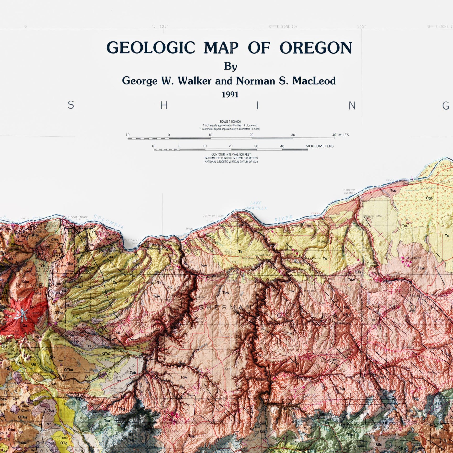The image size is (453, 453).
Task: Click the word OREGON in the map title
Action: coord(316,48)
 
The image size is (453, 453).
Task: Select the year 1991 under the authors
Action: coord(230,95)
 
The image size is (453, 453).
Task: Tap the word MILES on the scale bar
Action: coord(343,135)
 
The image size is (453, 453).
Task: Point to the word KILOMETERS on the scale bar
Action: coord(322,146)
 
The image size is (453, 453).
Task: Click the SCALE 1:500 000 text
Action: coord(230,122)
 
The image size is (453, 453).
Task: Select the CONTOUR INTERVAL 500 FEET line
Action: coord(231,154)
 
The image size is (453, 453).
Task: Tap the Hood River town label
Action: coord(78,217)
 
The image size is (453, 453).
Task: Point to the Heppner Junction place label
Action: coord(349,191)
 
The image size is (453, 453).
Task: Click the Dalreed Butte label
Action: coord(373,216)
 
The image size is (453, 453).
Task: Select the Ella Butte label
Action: coord(414,258)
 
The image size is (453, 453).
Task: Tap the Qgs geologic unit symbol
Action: coord(429,198)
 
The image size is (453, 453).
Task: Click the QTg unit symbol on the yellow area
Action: coord(64,443)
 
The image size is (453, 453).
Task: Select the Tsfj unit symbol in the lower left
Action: coord(131,440)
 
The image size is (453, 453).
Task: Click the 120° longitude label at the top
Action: coord(361,27)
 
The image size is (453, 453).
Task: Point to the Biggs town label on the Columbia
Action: coord(190,229)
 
